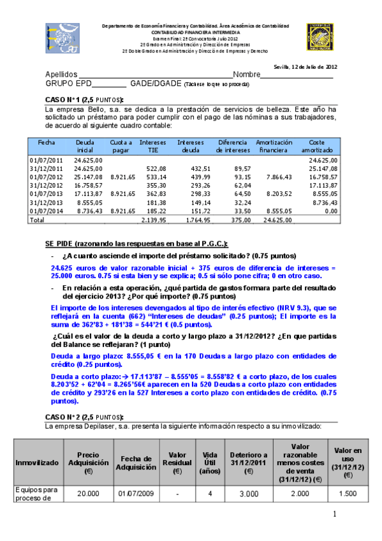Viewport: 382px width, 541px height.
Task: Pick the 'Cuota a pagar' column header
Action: [121, 146]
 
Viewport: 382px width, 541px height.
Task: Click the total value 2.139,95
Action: [154, 219]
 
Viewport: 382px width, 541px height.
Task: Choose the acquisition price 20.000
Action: [88, 493]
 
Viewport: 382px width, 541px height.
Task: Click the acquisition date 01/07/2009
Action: [133, 493]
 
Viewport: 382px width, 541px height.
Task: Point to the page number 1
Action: [334, 514]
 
